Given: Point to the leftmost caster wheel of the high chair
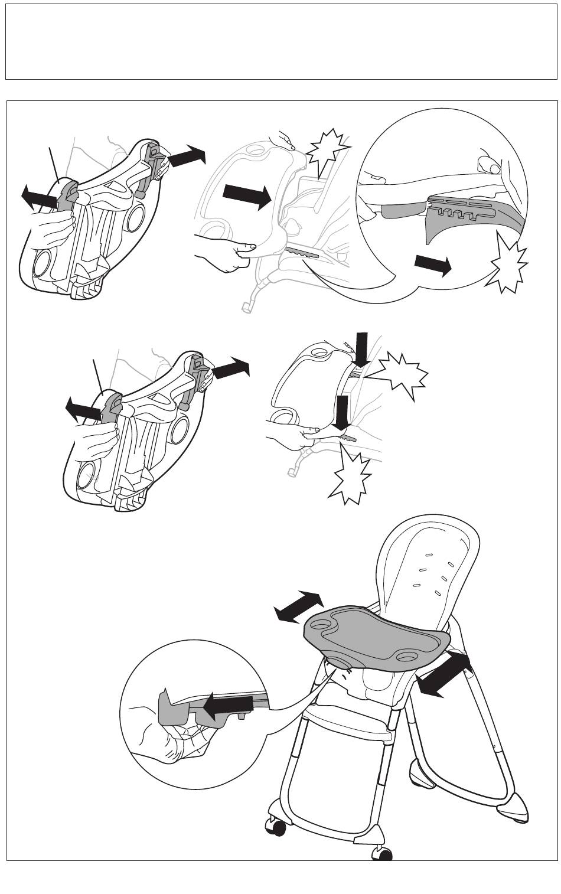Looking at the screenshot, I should click(276, 827).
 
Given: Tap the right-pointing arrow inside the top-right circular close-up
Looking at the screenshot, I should click(433, 265).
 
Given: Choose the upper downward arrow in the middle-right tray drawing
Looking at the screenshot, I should click(361, 349).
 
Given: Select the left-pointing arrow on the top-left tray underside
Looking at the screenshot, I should click(40, 197).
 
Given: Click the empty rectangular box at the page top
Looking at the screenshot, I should click(280, 41).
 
